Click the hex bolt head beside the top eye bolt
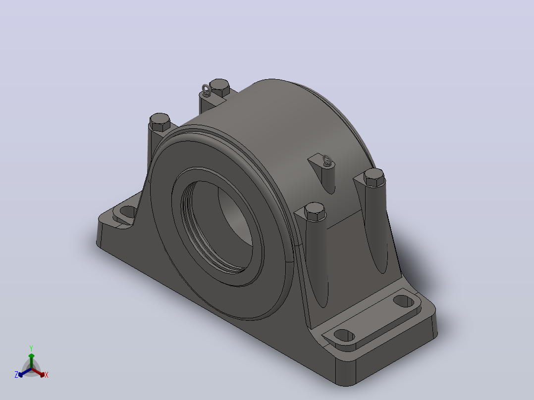point(219,88)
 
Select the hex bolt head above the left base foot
point(160,122)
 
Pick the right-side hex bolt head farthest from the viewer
point(374,177)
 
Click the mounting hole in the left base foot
point(127,212)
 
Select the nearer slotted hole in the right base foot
point(344,336)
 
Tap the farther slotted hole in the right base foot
point(404,301)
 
